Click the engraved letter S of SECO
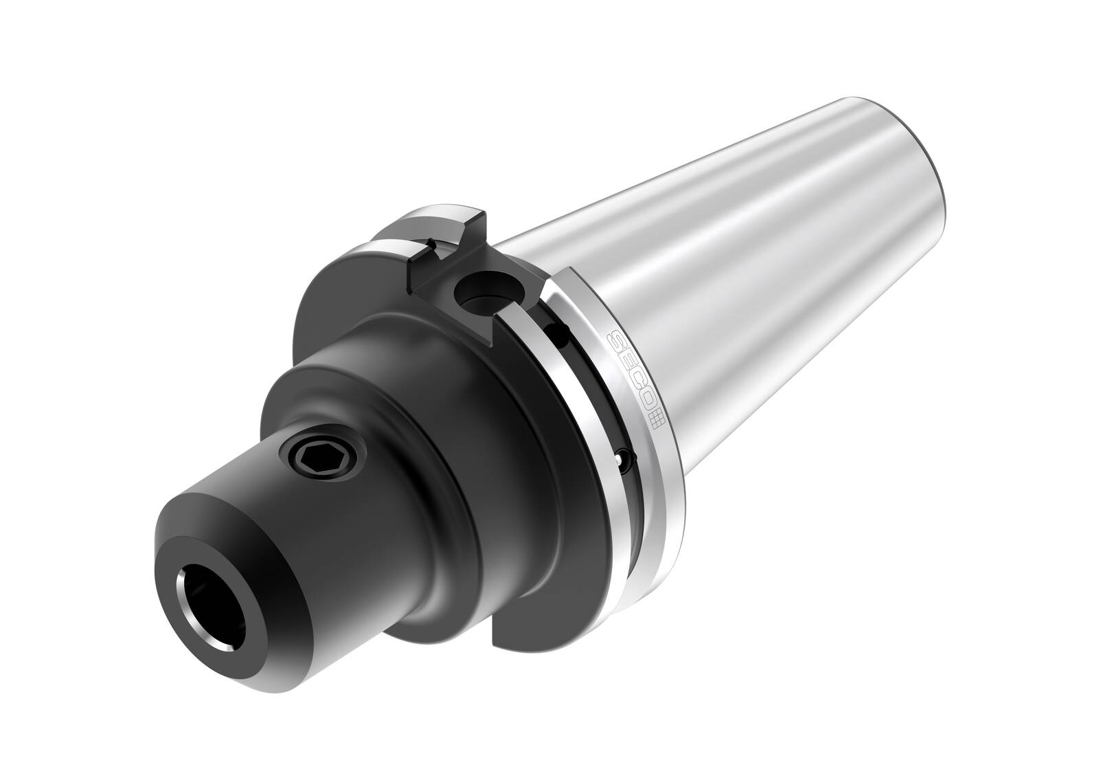point(618,339)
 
